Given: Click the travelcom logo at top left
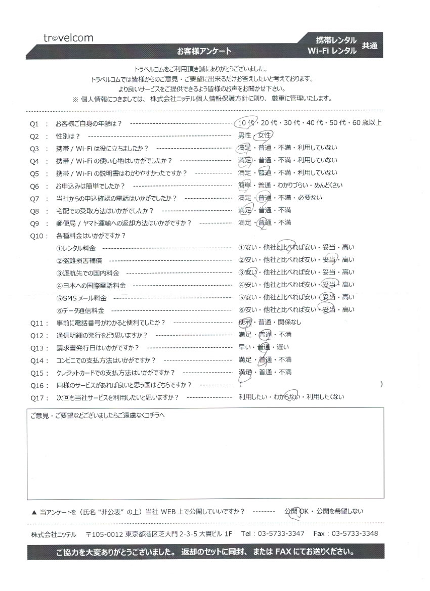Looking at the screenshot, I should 68,38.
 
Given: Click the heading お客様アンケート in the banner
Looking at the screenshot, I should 204,51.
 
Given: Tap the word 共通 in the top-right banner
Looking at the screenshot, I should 369,46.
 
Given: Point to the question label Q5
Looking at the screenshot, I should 35,173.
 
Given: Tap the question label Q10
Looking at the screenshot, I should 36,235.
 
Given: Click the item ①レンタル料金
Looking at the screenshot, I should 76,248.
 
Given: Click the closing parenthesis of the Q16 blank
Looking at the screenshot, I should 381,384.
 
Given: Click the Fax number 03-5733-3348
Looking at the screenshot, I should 353,534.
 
